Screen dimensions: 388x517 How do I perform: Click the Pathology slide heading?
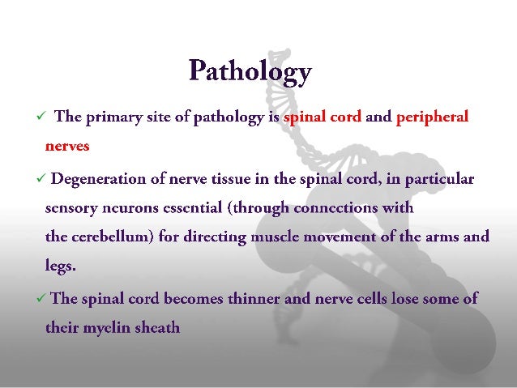(x=250, y=72)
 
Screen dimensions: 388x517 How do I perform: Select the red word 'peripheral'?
(x=432, y=117)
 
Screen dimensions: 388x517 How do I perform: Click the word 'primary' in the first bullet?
(x=113, y=117)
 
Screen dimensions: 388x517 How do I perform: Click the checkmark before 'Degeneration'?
(x=42, y=177)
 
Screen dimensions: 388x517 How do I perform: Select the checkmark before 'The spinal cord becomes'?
(x=42, y=298)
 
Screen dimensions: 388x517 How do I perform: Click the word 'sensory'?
(x=67, y=208)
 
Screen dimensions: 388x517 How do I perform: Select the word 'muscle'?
(x=285, y=237)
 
